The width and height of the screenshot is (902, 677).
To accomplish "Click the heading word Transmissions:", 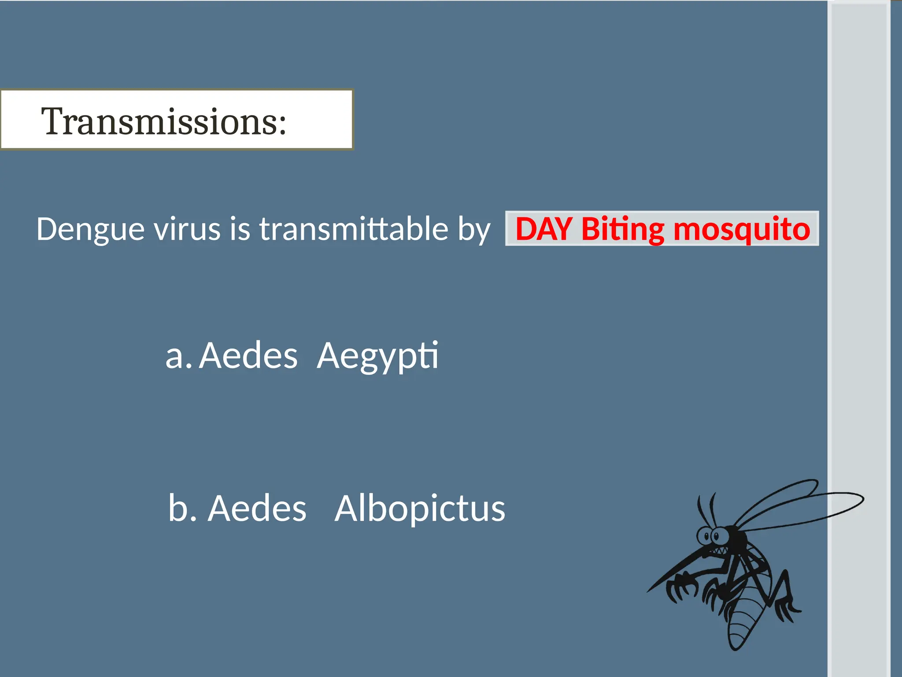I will click(164, 121).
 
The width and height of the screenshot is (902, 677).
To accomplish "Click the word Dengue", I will click(90, 230).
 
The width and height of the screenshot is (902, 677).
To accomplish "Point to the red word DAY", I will click(544, 229).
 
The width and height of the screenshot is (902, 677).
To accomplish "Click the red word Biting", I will click(623, 230).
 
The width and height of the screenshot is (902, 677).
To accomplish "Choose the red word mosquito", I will click(742, 230).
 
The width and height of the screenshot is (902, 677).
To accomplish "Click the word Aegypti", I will click(378, 356).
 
